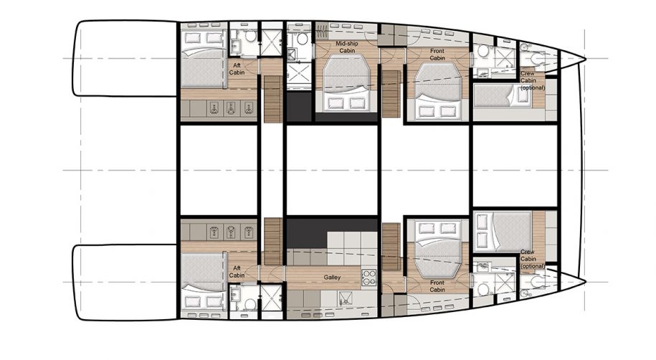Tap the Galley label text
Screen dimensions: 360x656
pos(331,278)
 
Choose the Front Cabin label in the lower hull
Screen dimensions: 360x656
pos(437,286)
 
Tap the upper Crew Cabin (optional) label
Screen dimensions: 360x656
pos(532,80)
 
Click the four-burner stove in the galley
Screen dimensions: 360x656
pos(369,276)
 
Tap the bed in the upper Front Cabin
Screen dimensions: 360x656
pos(437,90)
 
